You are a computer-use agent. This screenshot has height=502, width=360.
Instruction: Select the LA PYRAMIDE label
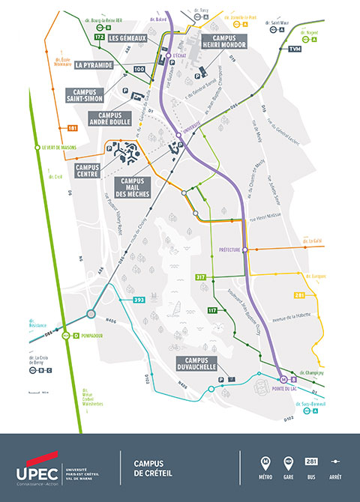click(94, 65)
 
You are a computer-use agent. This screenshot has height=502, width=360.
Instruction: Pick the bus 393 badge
click(139, 300)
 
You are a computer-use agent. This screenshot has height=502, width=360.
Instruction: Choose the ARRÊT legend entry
click(334, 468)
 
